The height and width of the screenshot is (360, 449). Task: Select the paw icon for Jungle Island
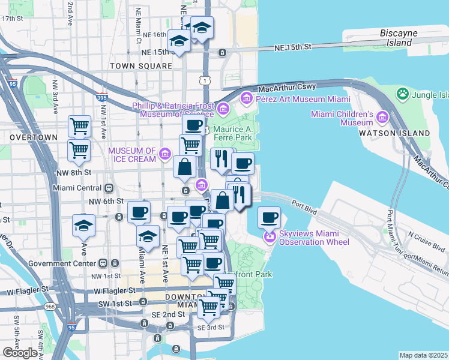[402, 94]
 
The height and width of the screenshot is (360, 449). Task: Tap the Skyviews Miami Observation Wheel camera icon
[270, 238]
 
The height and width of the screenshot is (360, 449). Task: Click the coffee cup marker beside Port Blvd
[270, 216]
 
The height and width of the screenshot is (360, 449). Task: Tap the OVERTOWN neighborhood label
[33, 137]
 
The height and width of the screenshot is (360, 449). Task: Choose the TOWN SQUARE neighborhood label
[134, 65]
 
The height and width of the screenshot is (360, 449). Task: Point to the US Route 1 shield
[206, 80]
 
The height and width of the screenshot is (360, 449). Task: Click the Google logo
[20, 352]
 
